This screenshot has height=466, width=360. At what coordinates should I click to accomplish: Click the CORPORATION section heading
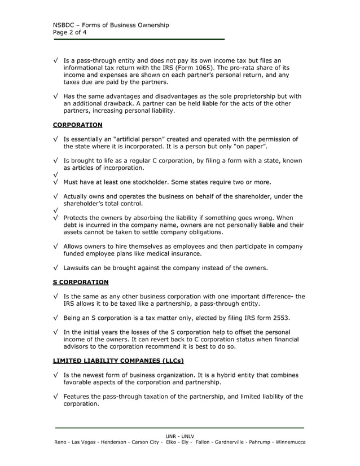(77, 125)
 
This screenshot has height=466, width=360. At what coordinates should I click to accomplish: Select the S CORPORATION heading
(81, 282)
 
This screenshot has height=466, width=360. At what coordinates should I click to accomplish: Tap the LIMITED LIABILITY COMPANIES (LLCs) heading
(118, 361)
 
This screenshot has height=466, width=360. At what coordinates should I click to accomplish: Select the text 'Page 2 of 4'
(70, 32)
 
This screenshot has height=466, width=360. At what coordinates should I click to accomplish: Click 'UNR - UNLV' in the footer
(179, 436)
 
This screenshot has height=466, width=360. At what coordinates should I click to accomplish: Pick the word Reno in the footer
(61, 442)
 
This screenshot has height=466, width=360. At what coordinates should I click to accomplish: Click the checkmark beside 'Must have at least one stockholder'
(55, 182)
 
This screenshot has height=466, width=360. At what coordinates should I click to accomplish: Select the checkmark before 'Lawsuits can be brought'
(55, 267)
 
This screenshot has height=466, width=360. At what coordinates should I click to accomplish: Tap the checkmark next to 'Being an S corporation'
(55, 318)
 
